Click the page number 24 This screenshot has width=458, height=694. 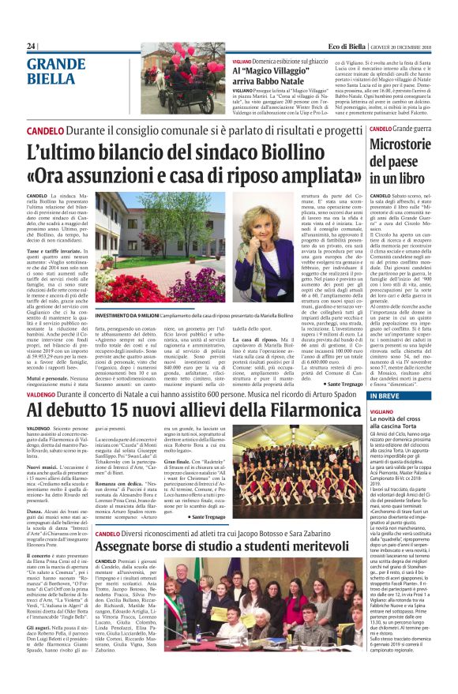tap(32, 46)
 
